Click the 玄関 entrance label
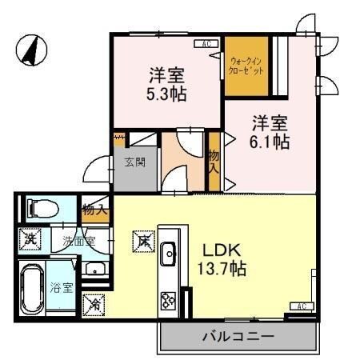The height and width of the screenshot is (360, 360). point(134,162)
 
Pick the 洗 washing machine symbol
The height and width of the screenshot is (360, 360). point(31,237)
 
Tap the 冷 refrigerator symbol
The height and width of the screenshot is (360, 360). point(94,304)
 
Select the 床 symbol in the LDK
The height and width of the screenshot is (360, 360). point(142,238)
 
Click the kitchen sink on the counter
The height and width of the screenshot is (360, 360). point(169,255)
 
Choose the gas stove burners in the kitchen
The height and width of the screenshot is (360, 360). point(170,302)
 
